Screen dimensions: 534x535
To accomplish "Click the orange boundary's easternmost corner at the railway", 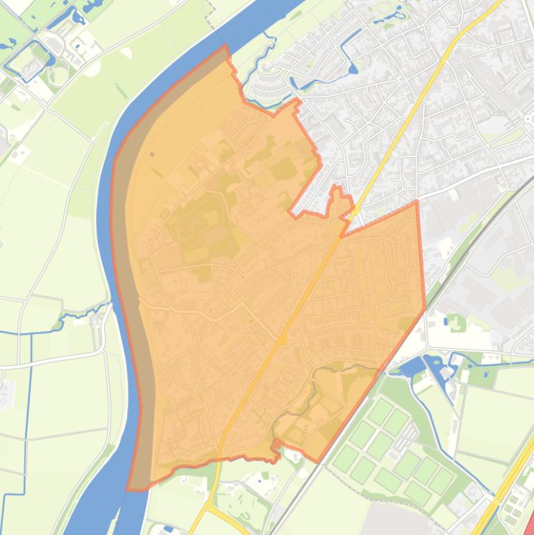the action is point(425,310).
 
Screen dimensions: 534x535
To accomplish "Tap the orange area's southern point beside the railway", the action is point(317,461).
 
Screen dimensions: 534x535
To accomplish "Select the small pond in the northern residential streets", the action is point(353,69).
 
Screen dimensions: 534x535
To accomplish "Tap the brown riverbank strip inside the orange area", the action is point(136,278).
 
